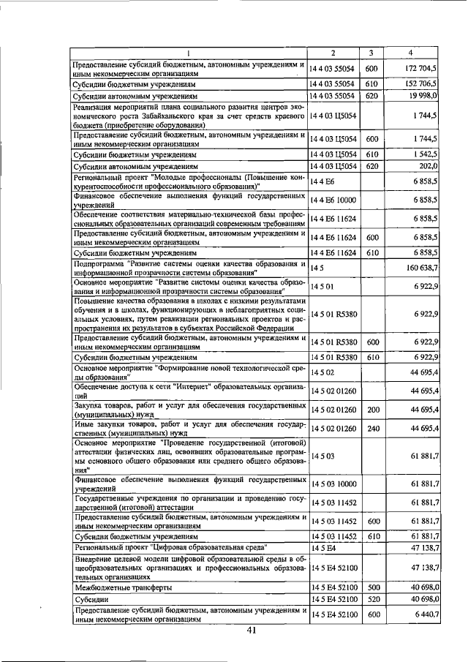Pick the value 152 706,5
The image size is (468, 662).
tap(420, 84)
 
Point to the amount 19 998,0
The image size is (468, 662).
tap(423, 95)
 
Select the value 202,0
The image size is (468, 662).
tap(428, 166)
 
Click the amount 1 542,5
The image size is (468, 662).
tap(424, 155)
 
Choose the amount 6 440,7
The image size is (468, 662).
tap(424, 614)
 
